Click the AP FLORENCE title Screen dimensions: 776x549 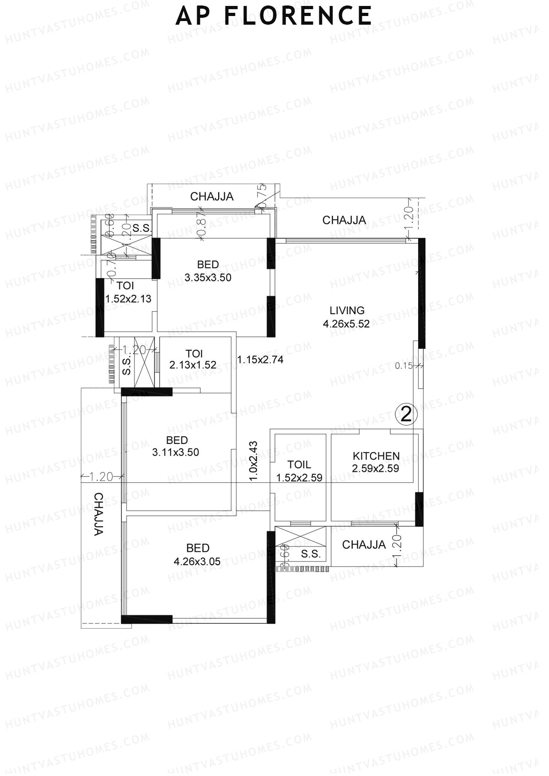pos(274,16)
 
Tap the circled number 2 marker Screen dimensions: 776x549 pos(406,415)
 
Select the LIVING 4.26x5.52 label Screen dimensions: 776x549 pos(347,317)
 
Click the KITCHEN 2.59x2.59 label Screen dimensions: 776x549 pos(376,462)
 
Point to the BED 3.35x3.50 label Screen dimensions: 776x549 pos(208,271)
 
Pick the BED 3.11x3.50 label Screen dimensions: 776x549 pos(176,446)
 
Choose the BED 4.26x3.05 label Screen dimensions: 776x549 pos(197,554)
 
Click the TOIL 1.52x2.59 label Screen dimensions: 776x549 pos(299,471)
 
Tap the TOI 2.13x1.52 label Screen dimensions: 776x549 pos(193,359)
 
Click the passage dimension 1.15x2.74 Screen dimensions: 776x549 pos(260,360)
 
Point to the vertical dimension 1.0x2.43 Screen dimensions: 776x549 pos(254,460)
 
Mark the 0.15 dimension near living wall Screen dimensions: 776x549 pos(404,365)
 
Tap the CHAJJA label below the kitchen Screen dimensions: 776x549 pos(364,545)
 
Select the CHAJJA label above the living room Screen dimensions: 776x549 pos(344,220)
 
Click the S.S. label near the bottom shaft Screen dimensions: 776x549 pos(311,554)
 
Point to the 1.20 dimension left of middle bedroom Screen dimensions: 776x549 pos(101,477)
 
